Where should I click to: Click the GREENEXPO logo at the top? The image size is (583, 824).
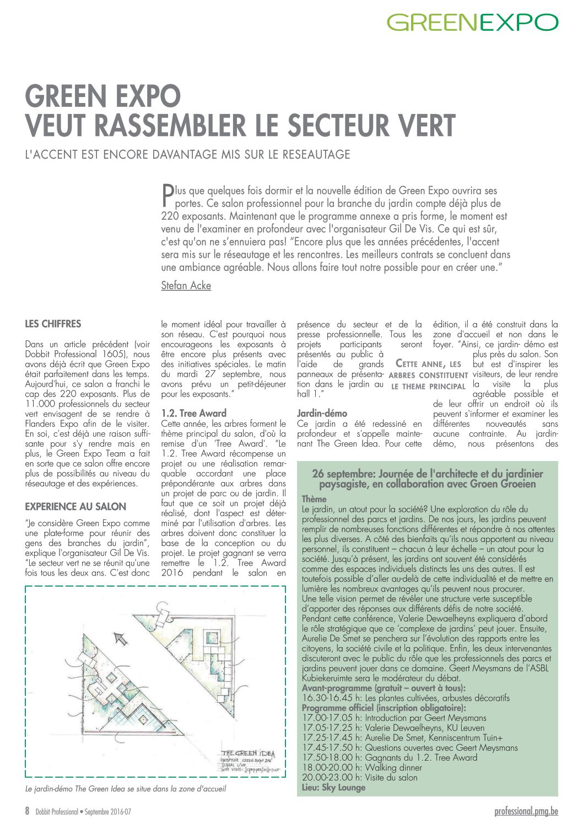[472, 23]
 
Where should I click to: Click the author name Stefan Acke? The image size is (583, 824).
[186, 285]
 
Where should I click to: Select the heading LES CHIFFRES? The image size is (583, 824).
[53, 324]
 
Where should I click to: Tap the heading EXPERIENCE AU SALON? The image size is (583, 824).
[75, 507]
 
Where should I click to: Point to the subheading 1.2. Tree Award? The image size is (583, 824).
[193, 413]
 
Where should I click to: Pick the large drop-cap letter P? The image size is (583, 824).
[167, 195]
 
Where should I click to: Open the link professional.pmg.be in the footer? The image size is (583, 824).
[526, 811]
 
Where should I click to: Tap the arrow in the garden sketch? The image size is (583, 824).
[120, 639]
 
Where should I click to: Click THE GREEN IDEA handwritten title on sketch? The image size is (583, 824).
[247, 753]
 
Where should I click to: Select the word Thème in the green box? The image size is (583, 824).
[314, 499]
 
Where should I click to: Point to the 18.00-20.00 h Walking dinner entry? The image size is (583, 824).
[362, 768]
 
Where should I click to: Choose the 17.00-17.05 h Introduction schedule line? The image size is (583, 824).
[394, 718]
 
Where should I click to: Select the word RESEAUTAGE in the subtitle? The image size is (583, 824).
[316, 154]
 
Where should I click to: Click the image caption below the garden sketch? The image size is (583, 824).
[126, 789]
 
